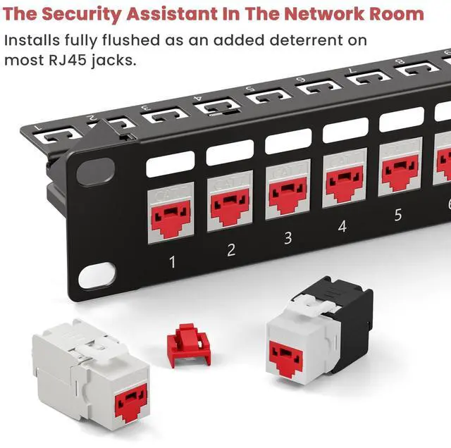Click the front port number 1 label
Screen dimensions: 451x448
point(172,262)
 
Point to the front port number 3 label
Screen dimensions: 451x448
point(288,238)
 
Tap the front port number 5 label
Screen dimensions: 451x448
point(397,215)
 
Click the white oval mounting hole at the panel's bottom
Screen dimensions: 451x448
point(97,275)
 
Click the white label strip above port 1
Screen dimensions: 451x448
point(171,164)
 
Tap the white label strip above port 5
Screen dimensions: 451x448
point(402,120)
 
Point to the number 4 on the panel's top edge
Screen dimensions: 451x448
point(198,98)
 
